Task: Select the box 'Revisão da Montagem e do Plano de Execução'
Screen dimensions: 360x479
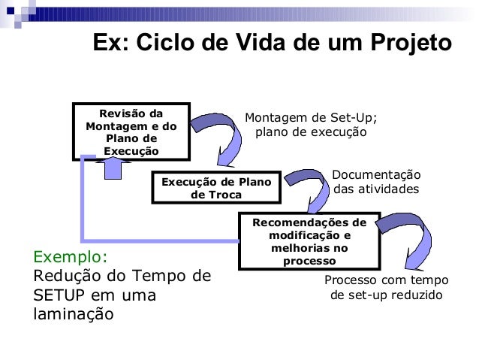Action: click(x=131, y=132)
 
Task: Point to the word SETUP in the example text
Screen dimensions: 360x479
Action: click(x=64, y=295)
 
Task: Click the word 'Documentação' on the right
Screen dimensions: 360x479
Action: click(x=376, y=175)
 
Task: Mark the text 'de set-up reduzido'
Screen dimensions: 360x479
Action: click(x=387, y=295)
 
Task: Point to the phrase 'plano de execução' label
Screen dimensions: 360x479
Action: click(x=312, y=132)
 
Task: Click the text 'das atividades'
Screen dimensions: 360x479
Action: click(x=376, y=189)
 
